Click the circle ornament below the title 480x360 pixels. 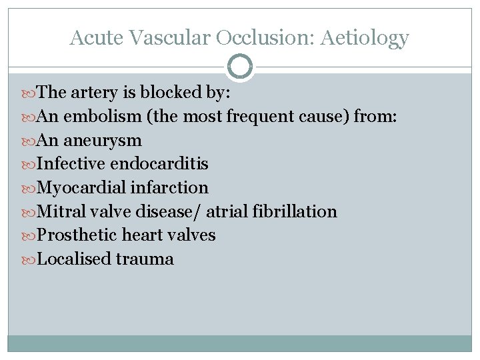(x=240, y=67)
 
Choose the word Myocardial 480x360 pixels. (x=81, y=188)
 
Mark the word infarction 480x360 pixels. (x=169, y=188)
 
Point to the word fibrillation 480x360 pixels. (x=295, y=212)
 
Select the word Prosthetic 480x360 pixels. (x=78, y=235)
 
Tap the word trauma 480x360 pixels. (x=145, y=259)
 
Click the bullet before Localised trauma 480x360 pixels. (x=31, y=259)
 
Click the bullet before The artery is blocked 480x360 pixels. (x=31, y=93)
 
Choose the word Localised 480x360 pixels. (x=74, y=259)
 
